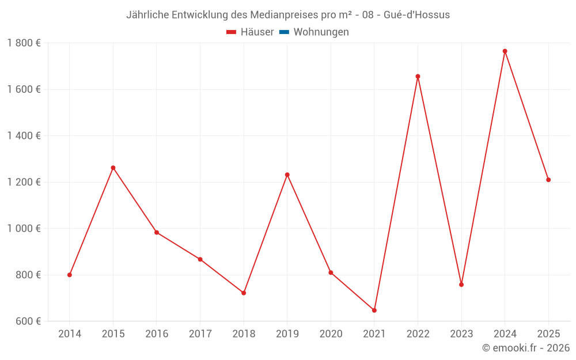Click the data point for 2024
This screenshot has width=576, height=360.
[505, 51]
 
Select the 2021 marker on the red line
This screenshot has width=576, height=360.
[374, 310]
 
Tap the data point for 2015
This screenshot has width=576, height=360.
[113, 168]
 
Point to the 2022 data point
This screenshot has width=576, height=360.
[418, 77]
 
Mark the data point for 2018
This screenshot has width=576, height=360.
[244, 293]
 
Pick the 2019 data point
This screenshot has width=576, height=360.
[287, 175]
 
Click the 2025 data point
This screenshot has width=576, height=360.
[548, 180]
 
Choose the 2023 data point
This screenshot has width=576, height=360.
[461, 285]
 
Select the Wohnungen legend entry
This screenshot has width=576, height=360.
[321, 32]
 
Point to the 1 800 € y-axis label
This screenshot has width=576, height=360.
[24, 43]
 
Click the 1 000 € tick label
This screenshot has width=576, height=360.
[24, 229]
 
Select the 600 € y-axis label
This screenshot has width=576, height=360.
[28, 321]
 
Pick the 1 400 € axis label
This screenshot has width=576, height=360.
[24, 136]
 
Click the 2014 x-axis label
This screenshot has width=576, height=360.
[70, 334]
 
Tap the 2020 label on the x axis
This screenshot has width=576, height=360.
[331, 334]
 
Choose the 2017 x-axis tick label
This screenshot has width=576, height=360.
[200, 334]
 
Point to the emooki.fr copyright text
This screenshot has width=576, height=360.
[526, 348]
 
